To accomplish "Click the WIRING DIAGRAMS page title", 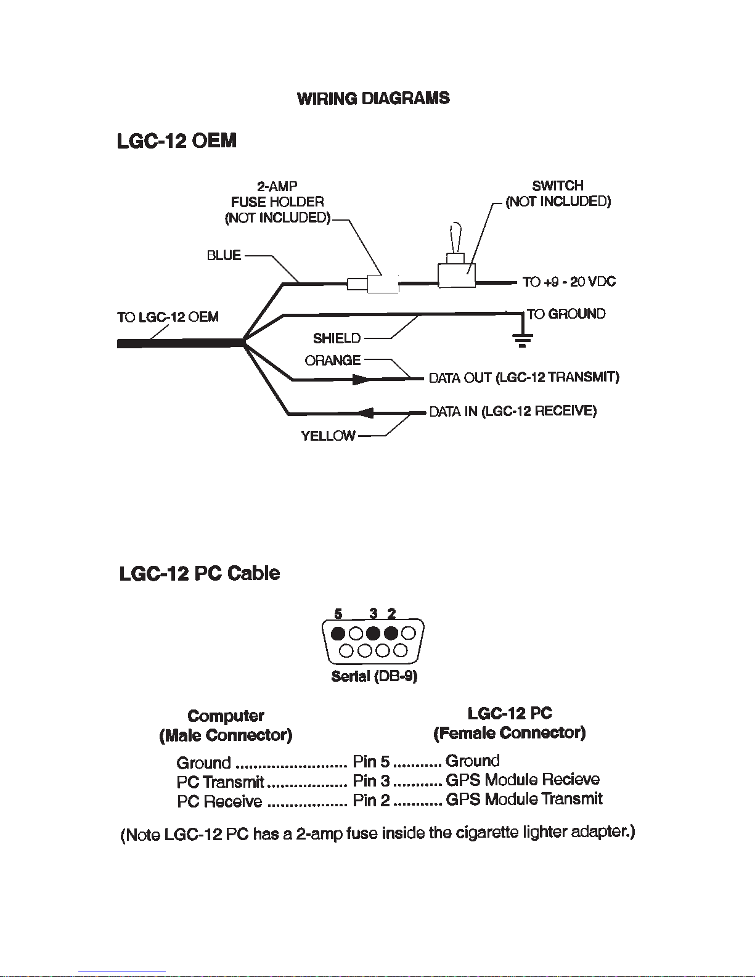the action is point(373,99).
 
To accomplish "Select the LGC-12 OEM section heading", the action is point(177,141).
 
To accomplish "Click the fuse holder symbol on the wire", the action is point(373,284).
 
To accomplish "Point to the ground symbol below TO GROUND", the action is point(522,340).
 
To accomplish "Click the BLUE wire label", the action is point(224,255).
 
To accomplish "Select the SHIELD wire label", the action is point(337,338).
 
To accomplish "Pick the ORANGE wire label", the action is point(333,360).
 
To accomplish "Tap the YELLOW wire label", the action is point(328,436).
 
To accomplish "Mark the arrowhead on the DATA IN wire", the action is point(366,413).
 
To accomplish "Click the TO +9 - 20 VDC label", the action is point(569,282).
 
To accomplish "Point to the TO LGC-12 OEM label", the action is point(168,317).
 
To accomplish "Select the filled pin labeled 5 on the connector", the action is point(338,634).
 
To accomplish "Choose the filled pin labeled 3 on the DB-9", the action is point(373,634).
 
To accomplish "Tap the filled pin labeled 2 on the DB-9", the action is point(391,634).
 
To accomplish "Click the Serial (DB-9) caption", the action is point(374,676).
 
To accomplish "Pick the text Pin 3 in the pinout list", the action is point(371,781).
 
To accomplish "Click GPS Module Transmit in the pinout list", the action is point(524,799).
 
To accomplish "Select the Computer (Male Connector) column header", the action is point(226,726).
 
